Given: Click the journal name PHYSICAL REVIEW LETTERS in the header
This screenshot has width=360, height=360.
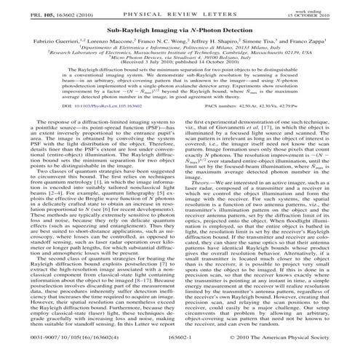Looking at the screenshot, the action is tap(180, 9).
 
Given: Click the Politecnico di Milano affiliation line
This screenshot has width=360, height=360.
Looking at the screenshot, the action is tap(180, 52).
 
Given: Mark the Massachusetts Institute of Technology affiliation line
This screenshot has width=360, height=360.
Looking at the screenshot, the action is tap(180, 59).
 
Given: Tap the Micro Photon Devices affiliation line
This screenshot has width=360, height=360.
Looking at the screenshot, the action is tap(180, 65).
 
